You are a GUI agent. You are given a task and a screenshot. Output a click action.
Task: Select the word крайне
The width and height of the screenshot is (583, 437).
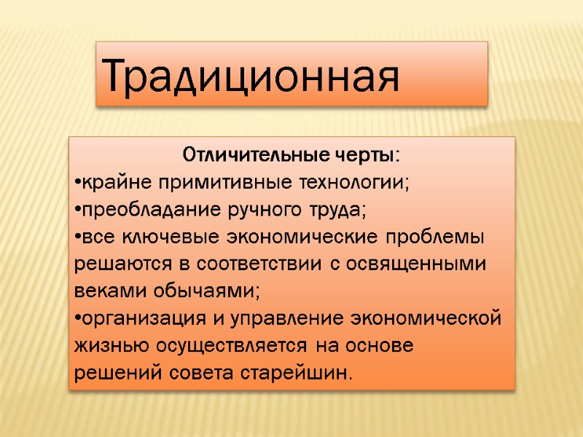click(x=105, y=183)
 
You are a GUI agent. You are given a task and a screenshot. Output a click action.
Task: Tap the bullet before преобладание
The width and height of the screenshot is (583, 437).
click(x=77, y=210)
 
